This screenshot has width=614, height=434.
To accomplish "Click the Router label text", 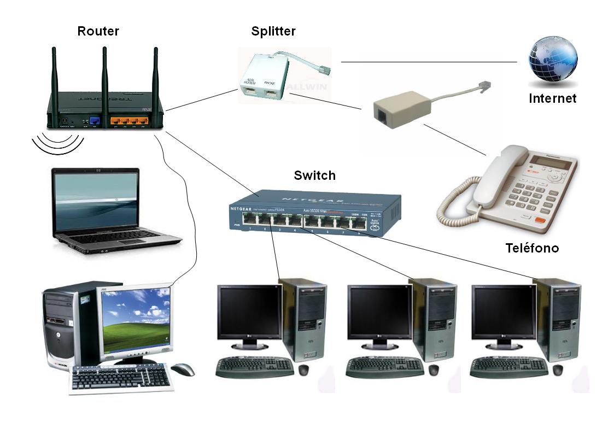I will coord(98,31).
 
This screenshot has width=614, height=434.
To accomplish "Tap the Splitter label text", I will coord(273,31).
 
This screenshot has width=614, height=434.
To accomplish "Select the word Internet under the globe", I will coord(552,99).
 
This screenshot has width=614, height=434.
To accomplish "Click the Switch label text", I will coord(314,176).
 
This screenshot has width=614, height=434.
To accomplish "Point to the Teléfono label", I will coord(531,248).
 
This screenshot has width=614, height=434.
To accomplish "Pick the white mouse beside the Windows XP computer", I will coord(183,370).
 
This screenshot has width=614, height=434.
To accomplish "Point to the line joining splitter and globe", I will coord(429,62).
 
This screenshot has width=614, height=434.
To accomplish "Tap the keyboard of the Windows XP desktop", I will coord(121,378).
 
